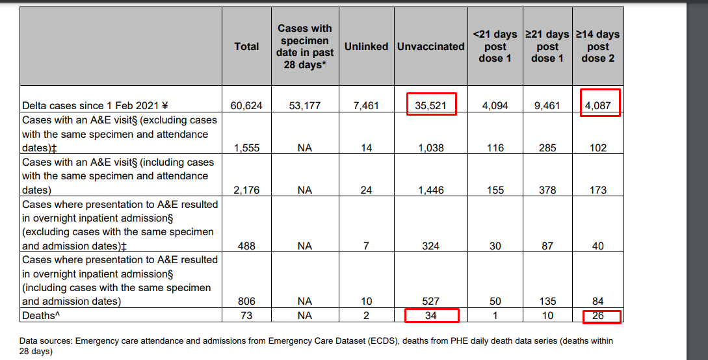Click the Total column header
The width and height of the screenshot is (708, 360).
(246, 47)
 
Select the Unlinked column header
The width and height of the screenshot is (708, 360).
(366, 47)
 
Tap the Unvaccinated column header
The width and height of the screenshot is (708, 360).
(430, 47)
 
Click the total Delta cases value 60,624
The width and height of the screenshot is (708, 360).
(246, 105)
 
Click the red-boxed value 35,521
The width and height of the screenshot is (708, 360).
(431, 105)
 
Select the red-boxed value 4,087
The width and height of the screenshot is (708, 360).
(598, 105)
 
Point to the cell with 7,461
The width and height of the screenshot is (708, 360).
(366, 105)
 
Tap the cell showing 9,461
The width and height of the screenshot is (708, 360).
(547, 105)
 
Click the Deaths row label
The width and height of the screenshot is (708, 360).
(38, 316)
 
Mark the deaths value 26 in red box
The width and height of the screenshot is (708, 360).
(598, 316)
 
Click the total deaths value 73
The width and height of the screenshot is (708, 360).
(246, 316)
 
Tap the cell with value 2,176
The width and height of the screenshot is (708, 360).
(246, 190)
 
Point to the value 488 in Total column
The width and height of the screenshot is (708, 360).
(246, 246)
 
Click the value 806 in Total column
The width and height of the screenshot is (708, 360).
(246, 302)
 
